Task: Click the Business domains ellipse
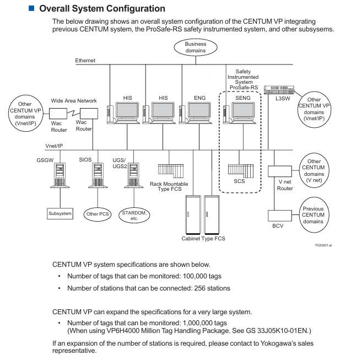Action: click(195, 47)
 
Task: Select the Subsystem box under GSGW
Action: click(60, 213)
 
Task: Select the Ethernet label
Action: click(86, 60)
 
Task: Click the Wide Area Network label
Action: click(74, 101)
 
